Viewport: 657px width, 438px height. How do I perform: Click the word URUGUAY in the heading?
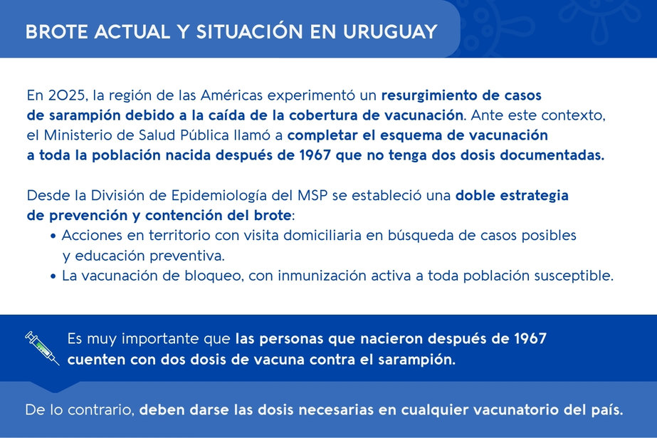click(390, 32)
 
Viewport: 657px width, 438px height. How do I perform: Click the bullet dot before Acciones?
click(53, 236)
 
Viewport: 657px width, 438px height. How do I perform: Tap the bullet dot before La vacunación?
click(53, 276)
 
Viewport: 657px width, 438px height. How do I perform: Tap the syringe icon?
click(42, 348)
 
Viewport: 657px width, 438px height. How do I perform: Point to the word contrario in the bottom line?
click(100, 410)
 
